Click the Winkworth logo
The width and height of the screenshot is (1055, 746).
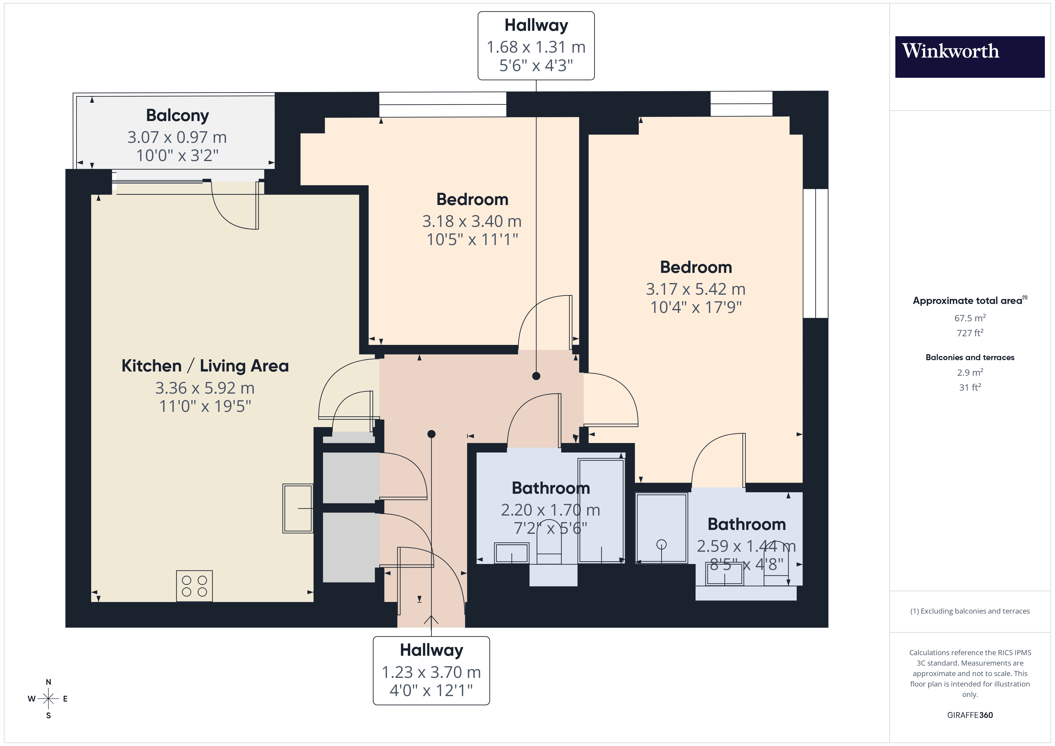click(969, 56)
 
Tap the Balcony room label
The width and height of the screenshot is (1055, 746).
click(177, 115)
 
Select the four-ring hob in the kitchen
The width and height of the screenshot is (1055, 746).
click(194, 586)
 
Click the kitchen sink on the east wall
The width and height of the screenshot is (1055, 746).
click(298, 508)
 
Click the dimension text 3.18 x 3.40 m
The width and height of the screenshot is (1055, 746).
click(472, 221)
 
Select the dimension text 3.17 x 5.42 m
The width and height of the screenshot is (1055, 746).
click(695, 289)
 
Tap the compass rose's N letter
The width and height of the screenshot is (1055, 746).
click(48, 682)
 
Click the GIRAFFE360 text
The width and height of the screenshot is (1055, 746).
click(969, 715)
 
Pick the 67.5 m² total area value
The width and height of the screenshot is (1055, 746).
click(969, 318)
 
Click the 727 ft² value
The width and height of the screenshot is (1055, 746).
click(969, 333)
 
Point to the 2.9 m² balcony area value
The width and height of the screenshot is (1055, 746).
click(969, 372)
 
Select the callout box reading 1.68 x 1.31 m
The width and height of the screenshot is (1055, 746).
click(536, 46)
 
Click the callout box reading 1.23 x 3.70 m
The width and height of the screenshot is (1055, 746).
click(431, 671)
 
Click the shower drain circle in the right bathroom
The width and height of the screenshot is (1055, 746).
click(661, 544)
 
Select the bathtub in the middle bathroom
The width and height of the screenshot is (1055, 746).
click(601, 510)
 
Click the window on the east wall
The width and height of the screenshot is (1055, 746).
click(815, 253)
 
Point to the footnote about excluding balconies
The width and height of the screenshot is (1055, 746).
click(969, 611)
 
